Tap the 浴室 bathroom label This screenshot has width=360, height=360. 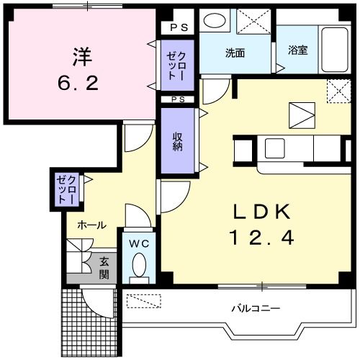(x=297, y=50)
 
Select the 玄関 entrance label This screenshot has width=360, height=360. (x=104, y=269)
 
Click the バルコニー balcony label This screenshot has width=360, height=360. (x=256, y=308)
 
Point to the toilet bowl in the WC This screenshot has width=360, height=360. (x=139, y=267)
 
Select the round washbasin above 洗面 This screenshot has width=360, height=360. (x=213, y=20)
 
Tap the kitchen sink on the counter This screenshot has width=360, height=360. (x=275, y=148)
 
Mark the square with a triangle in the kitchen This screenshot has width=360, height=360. (x=301, y=114)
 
